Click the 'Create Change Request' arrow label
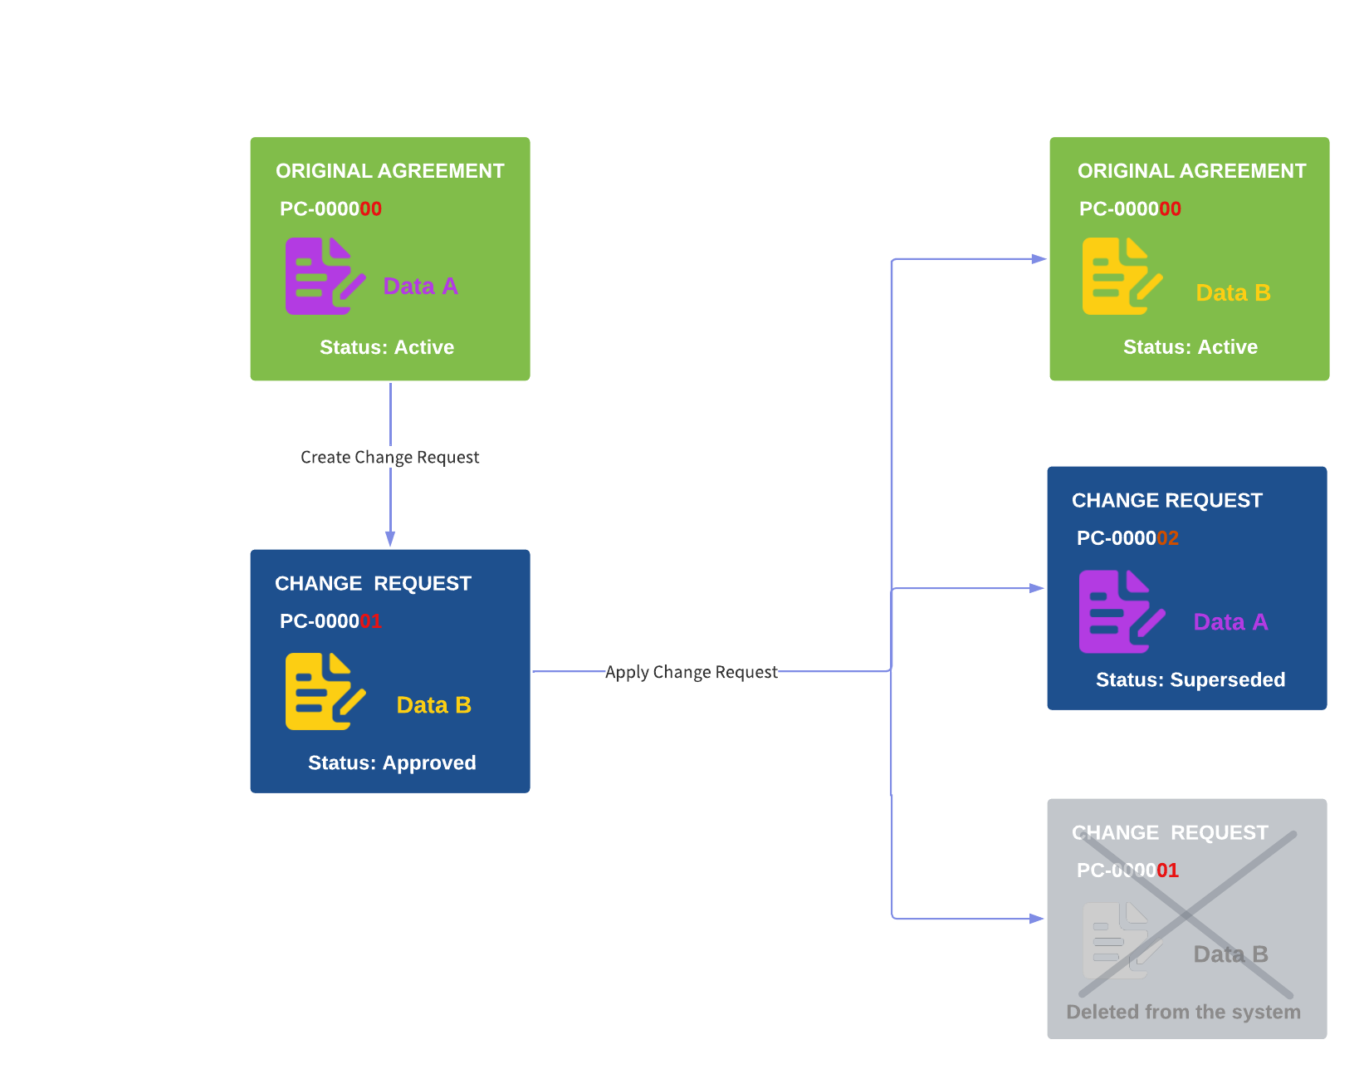click(389, 457)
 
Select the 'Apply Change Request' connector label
click(691, 672)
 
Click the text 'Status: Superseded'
click(1190, 679)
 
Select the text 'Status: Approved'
click(392, 763)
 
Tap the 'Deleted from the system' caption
click(1183, 1012)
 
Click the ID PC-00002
click(1127, 538)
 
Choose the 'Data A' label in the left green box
click(420, 287)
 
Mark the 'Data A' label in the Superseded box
click(1230, 622)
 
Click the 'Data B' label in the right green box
click(1233, 292)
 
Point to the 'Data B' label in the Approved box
click(433, 705)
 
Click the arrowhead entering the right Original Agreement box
click(1038, 259)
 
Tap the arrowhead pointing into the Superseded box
click(1036, 588)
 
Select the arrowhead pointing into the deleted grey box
click(1036, 919)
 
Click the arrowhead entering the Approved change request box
click(390, 538)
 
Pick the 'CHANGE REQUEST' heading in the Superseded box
click(1166, 500)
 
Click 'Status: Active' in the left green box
click(387, 347)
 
